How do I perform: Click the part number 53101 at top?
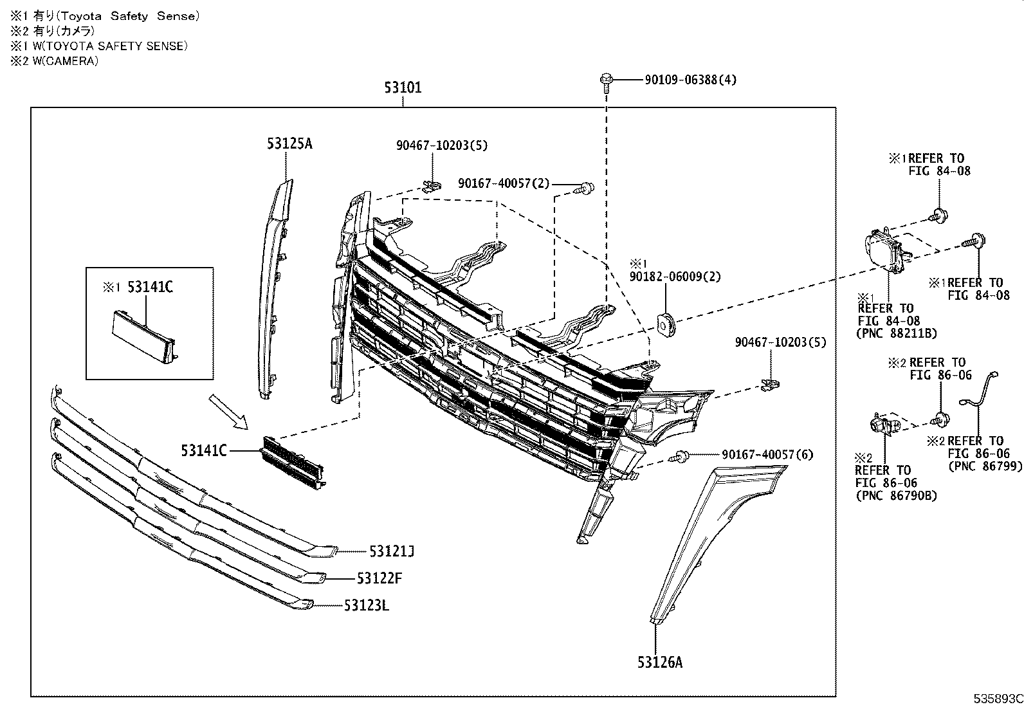pos(403,87)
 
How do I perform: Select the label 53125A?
pos(289,143)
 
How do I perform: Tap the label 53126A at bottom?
pos(660,661)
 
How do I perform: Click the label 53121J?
pos(391,551)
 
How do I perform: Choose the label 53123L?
pos(366,605)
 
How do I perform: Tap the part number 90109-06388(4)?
pos(690,80)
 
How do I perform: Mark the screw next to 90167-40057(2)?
pos(585,188)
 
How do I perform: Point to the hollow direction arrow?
pos(227,412)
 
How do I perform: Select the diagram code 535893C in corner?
pos(997,699)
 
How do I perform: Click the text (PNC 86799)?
pos(984,466)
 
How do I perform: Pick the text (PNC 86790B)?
pos(895,495)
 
